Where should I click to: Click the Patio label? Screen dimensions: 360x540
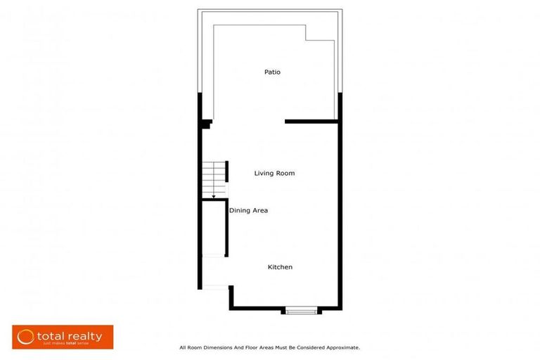(273, 72)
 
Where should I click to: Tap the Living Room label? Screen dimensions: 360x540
(274, 173)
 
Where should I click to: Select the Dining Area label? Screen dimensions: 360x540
(248, 210)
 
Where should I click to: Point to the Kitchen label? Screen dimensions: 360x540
(280, 267)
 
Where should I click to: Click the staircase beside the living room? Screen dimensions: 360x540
(214, 179)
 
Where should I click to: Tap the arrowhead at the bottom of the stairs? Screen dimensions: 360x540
(214, 197)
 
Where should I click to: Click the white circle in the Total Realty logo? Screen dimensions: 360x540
(26, 337)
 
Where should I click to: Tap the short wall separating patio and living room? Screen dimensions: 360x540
(312, 122)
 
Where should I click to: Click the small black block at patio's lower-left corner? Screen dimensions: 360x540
(206, 124)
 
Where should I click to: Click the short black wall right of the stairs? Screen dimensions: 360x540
(228, 171)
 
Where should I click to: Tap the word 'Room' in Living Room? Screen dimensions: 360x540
(285, 173)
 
